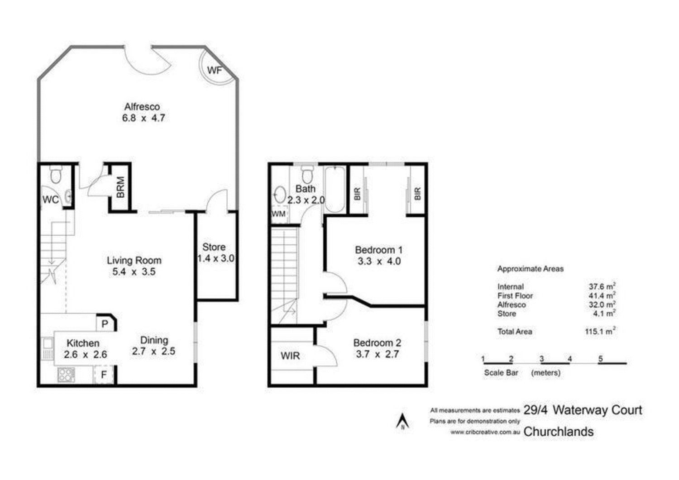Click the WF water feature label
(215, 70)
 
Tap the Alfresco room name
(142, 107)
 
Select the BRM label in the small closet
(120, 187)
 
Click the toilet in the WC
(56, 174)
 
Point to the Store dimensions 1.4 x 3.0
(216, 258)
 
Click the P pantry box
(105, 324)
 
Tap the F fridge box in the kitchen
(104, 375)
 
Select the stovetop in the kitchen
(66, 375)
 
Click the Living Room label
(134, 260)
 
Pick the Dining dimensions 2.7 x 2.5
(153, 351)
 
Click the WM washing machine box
(278, 214)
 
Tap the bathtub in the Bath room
(335, 190)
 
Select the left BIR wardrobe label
(357, 194)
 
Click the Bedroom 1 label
(378, 250)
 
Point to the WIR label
(290, 356)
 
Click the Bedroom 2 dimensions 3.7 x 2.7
(377, 354)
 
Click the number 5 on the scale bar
(601, 359)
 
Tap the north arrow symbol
(402, 422)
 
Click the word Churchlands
(558, 432)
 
